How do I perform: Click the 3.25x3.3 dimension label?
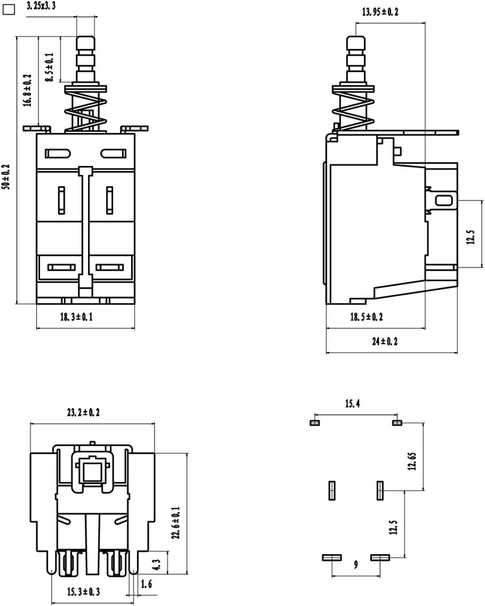41,6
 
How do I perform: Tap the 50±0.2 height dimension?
6,177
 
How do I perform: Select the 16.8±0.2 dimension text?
27,90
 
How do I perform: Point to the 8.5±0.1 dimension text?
49,67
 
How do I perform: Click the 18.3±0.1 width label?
76,317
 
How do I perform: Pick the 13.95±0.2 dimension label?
380,12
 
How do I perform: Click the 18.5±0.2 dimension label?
366,317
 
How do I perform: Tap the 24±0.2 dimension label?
384,341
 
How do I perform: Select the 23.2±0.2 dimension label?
83,412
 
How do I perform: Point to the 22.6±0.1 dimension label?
176,523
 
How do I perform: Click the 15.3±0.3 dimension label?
83,591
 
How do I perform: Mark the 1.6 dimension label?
146,584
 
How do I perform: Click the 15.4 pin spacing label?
352,404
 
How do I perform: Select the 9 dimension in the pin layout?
356,565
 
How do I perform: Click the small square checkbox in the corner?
8,10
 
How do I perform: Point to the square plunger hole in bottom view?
92,471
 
